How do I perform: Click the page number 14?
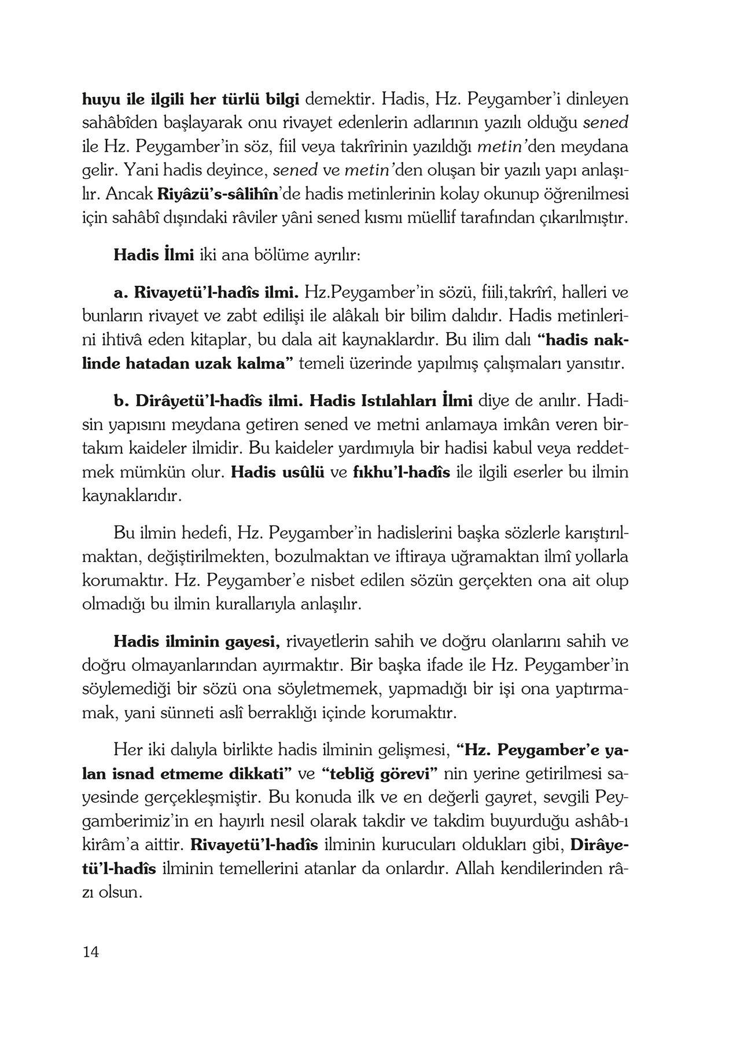tap(91, 952)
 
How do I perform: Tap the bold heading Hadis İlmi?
tap(153, 255)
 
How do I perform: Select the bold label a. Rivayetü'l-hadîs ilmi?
tap(206, 292)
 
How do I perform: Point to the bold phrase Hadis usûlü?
tap(277, 472)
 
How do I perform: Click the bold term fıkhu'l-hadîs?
tap(401, 472)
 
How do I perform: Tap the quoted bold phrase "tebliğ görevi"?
tap(380, 774)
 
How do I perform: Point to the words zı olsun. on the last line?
tap(112, 893)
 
